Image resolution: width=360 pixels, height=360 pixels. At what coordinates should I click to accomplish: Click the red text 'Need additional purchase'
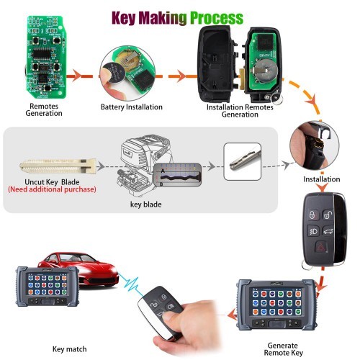tap(51, 189)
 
